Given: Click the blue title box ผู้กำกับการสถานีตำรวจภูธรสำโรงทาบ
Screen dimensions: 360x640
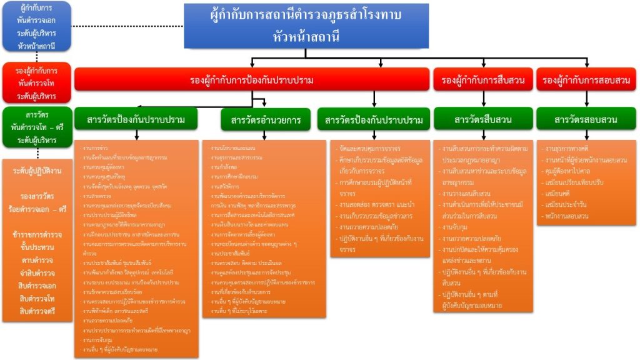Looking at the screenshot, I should (x=306, y=25).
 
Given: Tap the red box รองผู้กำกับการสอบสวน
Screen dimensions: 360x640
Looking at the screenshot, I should (x=586, y=81).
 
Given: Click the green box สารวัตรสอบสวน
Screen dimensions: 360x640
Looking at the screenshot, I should (x=586, y=119).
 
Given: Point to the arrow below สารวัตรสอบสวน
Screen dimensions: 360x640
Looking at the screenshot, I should (x=586, y=135).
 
